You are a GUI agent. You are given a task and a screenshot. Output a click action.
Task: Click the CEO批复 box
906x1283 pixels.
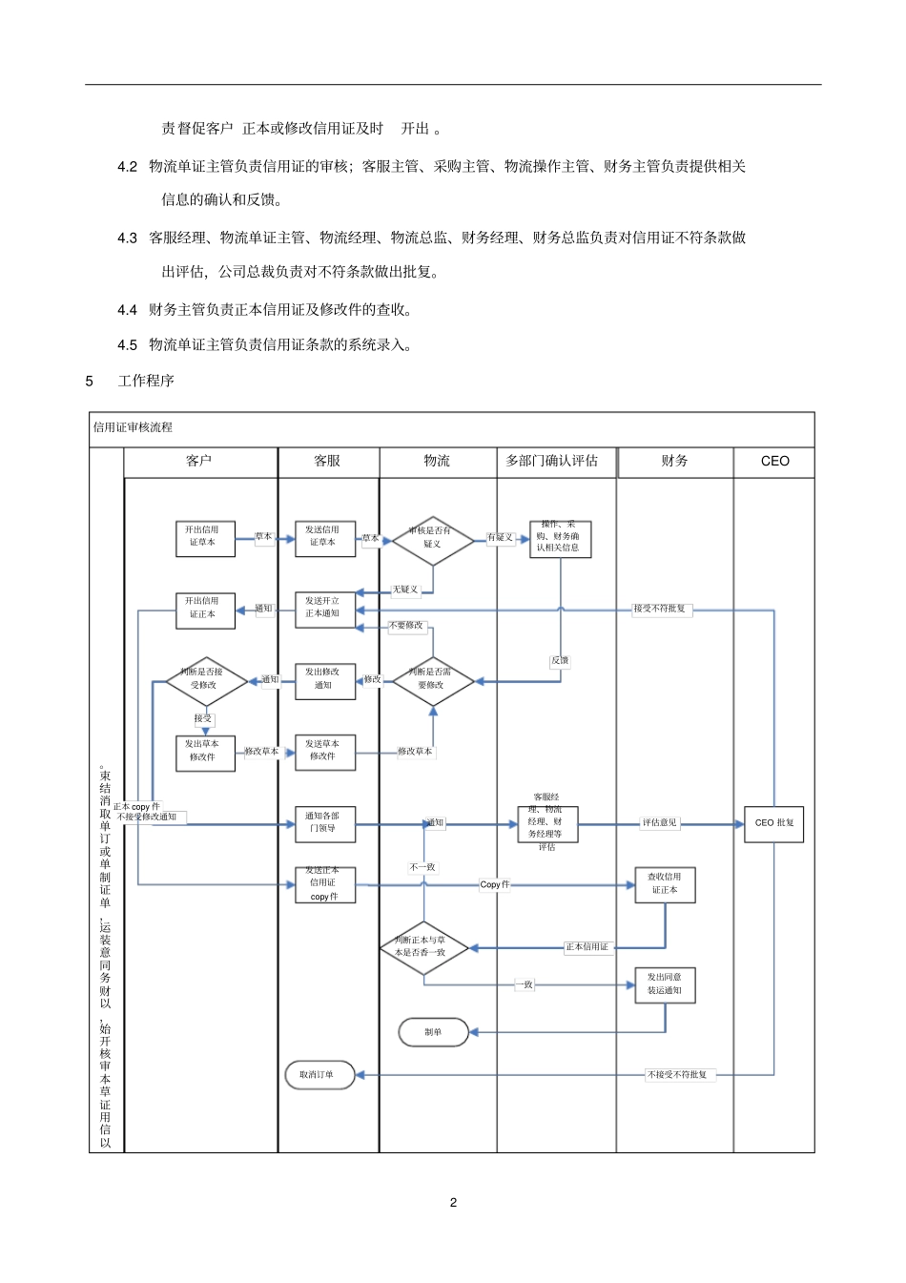(x=773, y=823)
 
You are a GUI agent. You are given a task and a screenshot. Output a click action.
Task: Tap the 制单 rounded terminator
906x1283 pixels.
(x=433, y=1032)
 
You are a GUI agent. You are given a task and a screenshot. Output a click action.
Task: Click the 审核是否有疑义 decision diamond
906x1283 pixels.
(x=432, y=539)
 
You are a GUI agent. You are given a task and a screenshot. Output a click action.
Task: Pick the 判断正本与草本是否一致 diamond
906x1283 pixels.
(x=422, y=947)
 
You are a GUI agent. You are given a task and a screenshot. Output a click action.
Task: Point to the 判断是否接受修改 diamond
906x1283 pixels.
(x=205, y=680)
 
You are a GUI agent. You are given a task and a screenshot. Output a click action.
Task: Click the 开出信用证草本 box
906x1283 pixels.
(x=205, y=538)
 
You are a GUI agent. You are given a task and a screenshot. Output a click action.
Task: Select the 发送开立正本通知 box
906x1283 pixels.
(x=325, y=609)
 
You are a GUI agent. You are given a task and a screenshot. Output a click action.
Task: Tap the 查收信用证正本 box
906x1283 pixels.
(x=665, y=884)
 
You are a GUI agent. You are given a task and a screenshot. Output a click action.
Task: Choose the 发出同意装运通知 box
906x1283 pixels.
(x=665, y=984)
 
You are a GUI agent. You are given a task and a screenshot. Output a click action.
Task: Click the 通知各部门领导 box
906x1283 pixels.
(x=325, y=823)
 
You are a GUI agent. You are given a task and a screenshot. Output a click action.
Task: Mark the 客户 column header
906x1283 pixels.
(x=199, y=462)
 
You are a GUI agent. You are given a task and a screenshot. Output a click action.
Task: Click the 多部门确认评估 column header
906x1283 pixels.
(x=551, y=462)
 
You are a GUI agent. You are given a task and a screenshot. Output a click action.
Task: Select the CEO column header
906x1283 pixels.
(x=774, y=462)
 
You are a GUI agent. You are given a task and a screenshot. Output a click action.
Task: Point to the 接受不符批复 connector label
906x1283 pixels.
(x=660, y=609)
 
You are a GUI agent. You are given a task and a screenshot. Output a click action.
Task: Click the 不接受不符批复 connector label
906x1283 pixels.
(x=678, y=1075)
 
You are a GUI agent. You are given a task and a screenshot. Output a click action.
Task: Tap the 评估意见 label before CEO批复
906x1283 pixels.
(x=659, y=823)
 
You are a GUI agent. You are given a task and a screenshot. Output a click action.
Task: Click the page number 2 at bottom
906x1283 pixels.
(x=453, y=1202)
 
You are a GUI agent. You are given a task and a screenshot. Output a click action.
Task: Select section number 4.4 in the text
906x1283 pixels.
(x=128, y=310)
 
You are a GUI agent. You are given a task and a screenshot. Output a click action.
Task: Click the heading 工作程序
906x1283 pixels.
(x=146, y=382)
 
